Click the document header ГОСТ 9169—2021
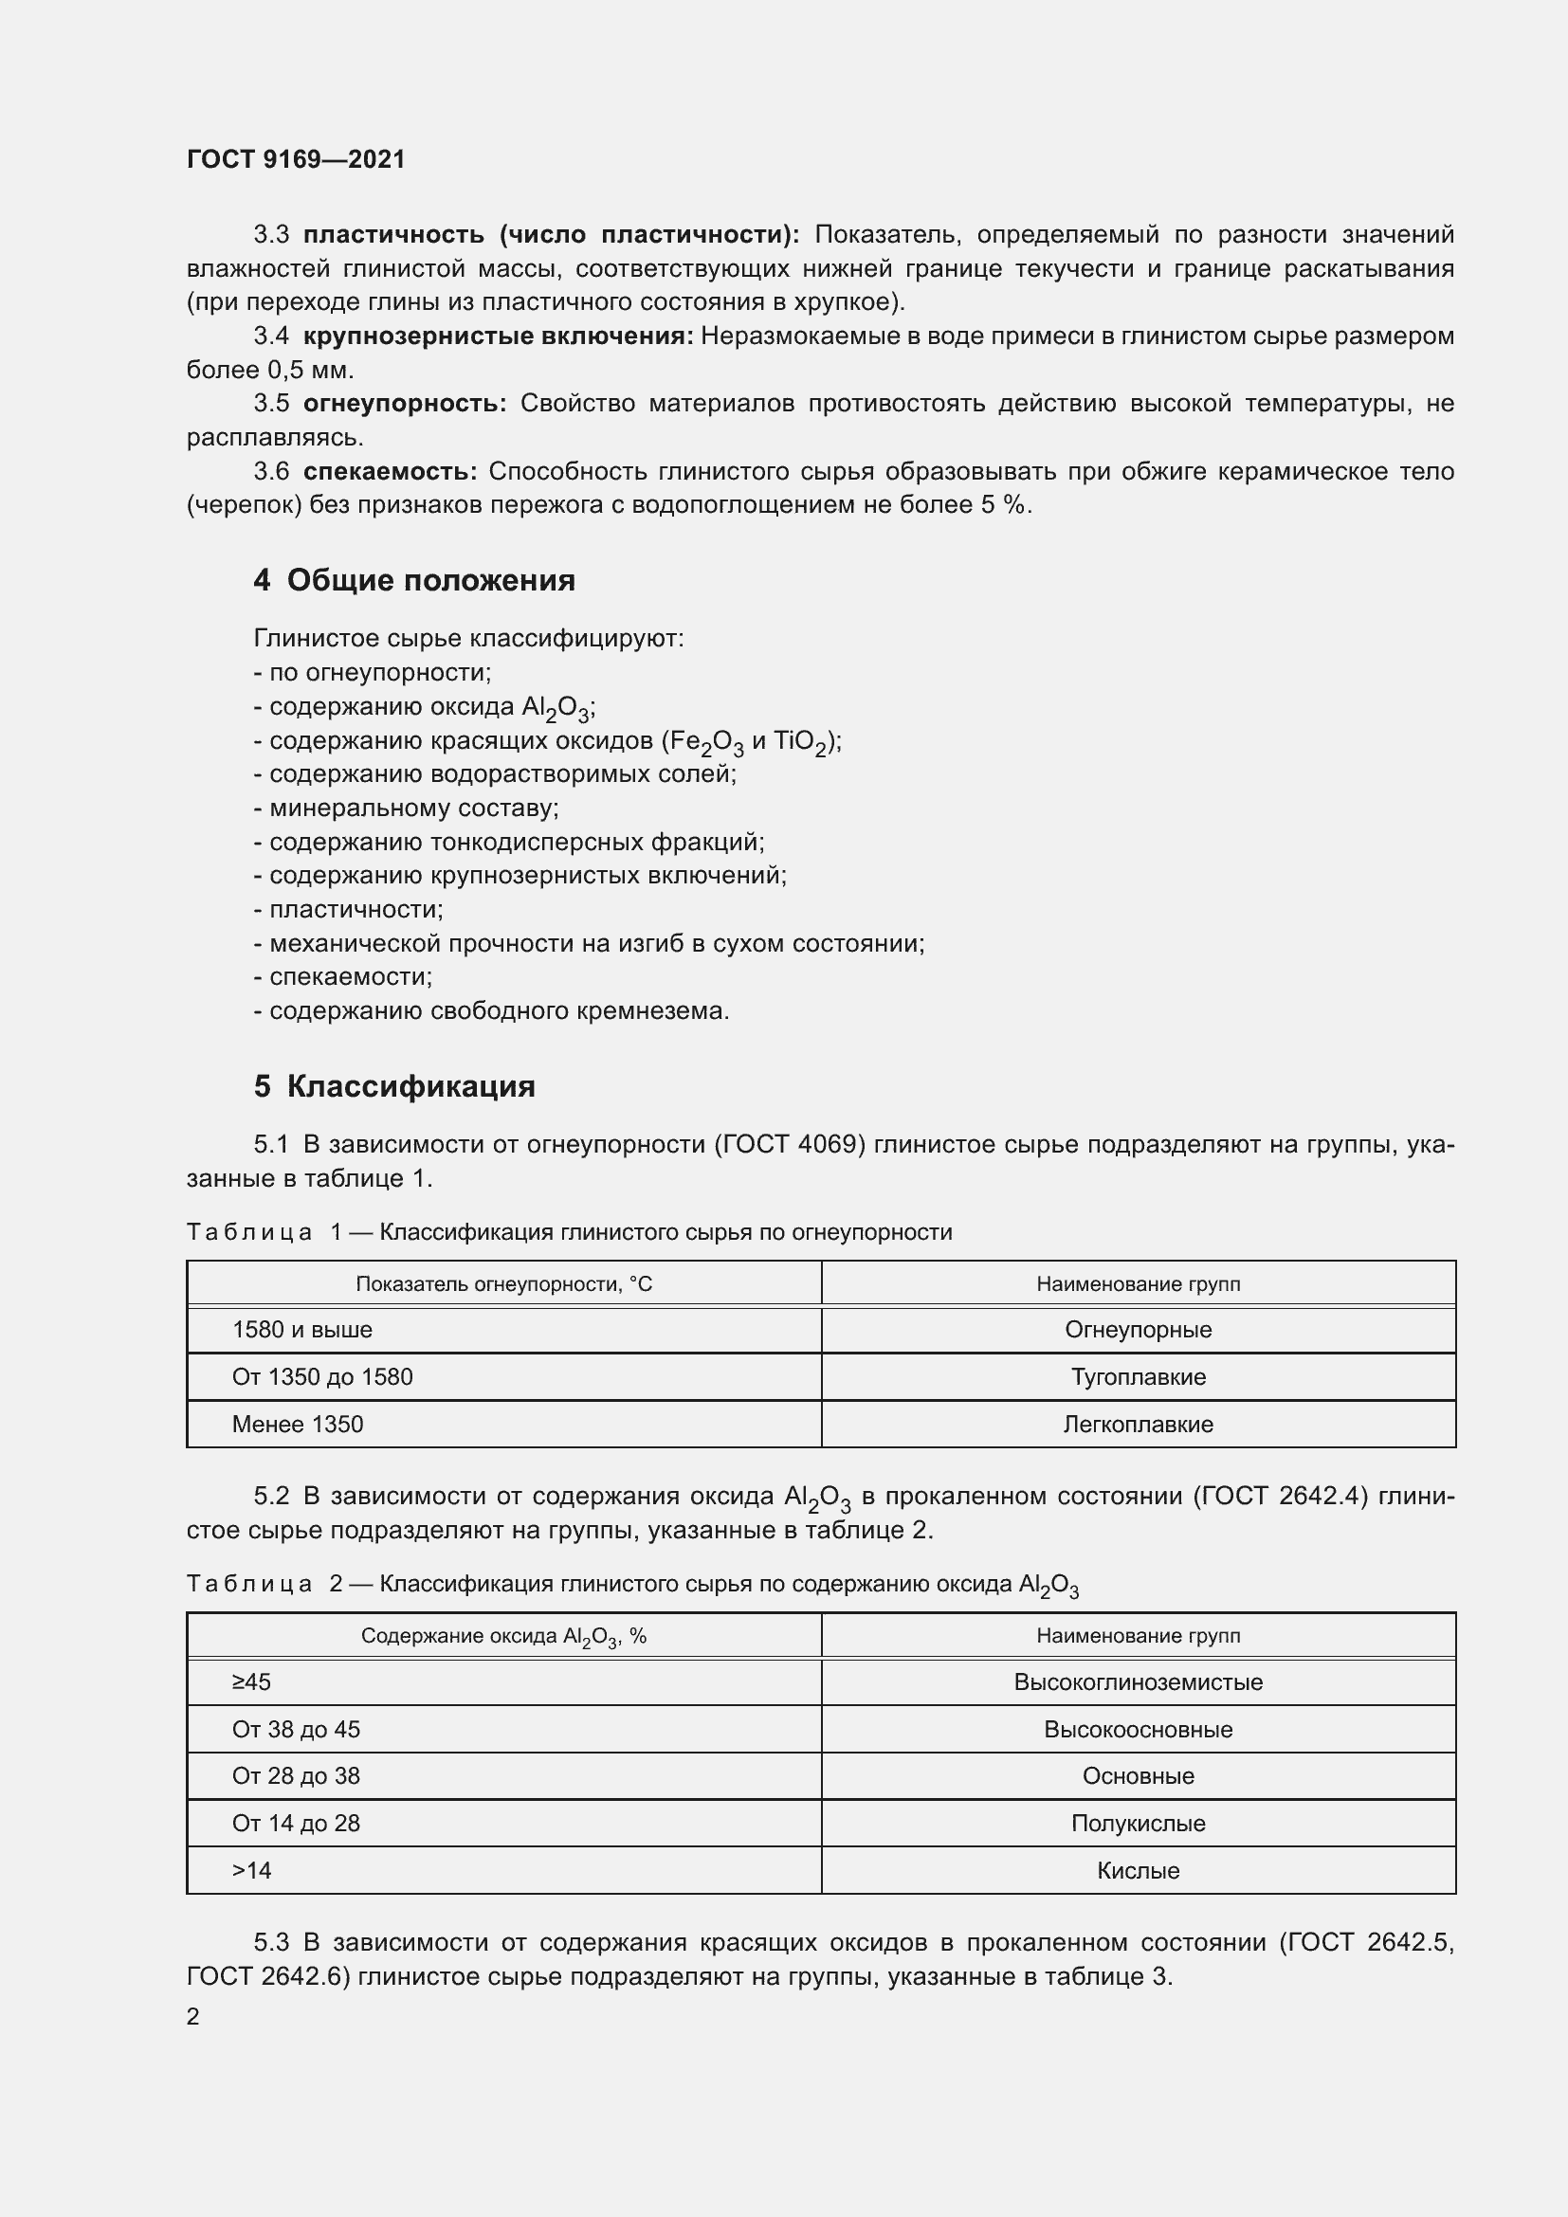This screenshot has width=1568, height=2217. click(296, 159)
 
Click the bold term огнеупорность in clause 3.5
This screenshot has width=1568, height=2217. click(405, 404)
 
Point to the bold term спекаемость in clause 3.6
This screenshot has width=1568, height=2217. click(390, 471)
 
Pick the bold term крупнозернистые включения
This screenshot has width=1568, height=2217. click(499, 336)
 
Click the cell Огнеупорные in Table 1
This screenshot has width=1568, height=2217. click(1138, 1330)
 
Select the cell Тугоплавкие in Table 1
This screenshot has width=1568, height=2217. click(1138, 1377)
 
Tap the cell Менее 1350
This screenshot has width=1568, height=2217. click(298, 1425)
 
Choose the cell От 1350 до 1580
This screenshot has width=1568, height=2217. click(321, 1377)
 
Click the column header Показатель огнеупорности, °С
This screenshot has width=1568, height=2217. click(503, 1284)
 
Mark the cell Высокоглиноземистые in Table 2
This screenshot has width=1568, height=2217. click(1138, 1682)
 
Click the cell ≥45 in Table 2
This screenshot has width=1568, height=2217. click(251, 1682)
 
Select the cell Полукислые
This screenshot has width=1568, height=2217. click(1138, 1823)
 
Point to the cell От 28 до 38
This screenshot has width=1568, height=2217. click(296, 1775)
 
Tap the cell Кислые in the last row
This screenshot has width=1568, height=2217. click(1138, 1870)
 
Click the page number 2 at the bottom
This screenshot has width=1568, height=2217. click(193, 2016)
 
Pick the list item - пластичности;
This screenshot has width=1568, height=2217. click(349, 910)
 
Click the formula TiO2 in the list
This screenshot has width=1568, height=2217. click(799, 742)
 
